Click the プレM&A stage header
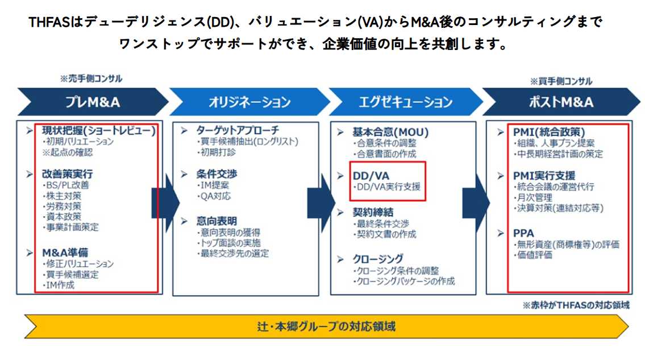tap(93, 102)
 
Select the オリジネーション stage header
tap(249, 102)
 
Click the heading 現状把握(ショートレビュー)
tap(99, 131)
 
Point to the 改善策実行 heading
tap(68, 174)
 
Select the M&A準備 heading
tap(65, 253)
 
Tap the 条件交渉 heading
tap(217, 174)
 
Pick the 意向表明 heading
tap(217, 221)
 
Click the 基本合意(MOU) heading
tap(391, 133)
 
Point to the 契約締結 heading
tap(373, 213)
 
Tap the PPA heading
tap(523, 233)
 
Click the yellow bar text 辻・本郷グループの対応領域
tap(326, 327)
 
